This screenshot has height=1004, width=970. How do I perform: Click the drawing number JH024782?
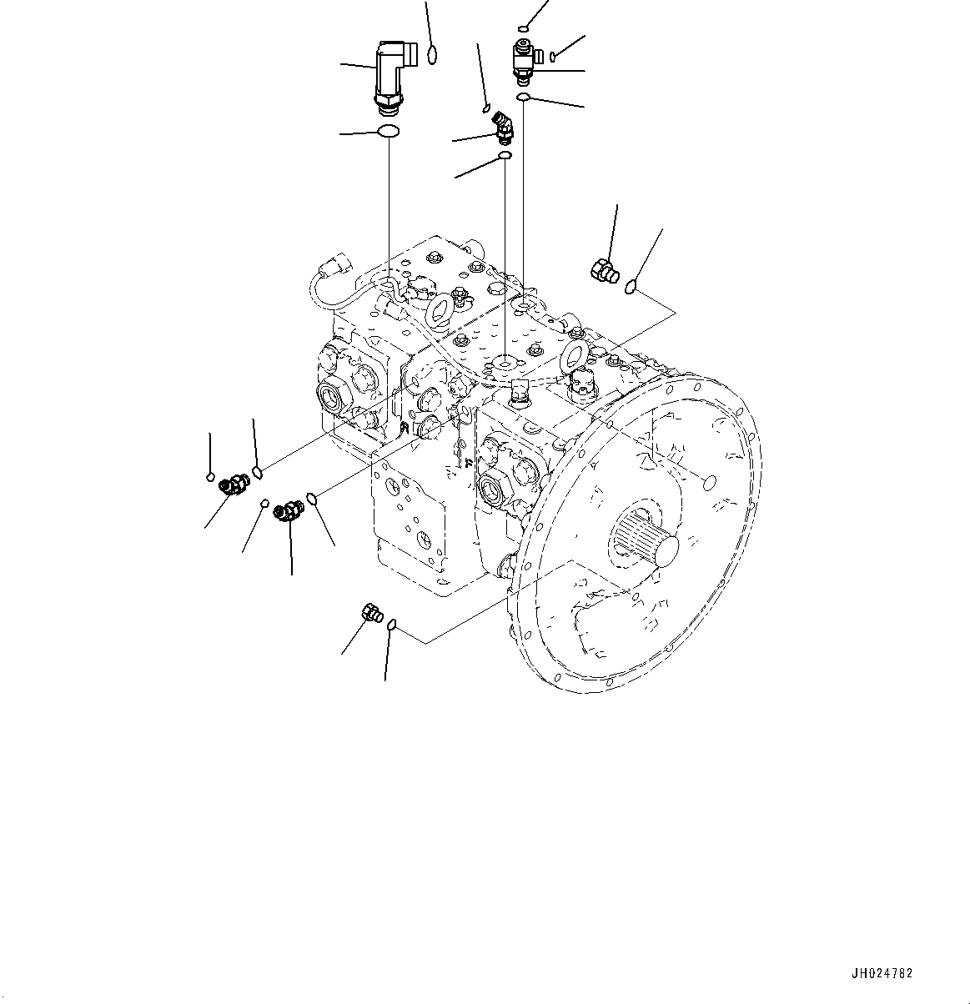tap(882, 973)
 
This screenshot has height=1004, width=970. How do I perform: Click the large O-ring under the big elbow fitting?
tap(389, 131)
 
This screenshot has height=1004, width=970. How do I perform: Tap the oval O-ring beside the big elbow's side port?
tap(432, 55)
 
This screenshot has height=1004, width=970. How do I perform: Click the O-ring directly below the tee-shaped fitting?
tap(523, 99)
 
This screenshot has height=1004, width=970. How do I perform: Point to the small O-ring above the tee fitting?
tap(523, 27)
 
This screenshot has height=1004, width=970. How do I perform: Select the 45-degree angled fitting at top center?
tap(504, 127)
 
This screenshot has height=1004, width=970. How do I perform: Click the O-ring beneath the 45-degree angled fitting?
tap(504, 155)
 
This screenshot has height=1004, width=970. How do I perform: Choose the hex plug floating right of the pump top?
tap(605, 269)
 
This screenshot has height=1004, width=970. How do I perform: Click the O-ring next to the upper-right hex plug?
tap(631, 287)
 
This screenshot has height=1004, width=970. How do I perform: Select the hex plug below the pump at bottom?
tap(371, 614)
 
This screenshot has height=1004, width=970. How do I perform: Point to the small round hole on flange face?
tap(708, 483)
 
